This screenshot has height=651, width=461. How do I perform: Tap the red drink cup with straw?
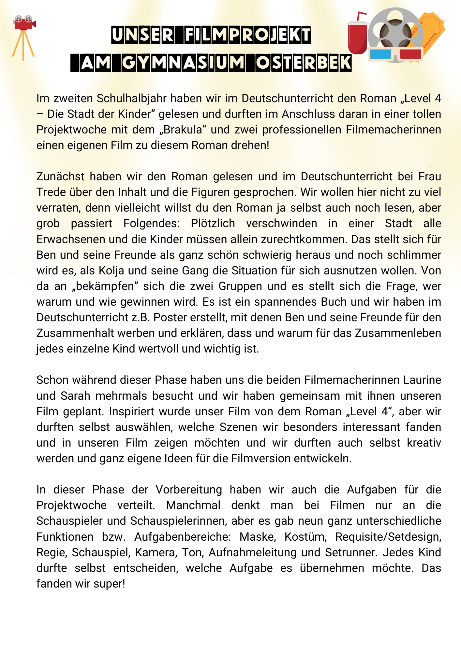point(357,37)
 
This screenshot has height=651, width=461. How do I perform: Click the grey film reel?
point(395,31)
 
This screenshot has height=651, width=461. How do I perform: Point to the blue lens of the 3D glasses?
point(380,54)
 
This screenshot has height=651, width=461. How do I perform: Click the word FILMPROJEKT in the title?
point(247,35)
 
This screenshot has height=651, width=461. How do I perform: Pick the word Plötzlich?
point(213,223)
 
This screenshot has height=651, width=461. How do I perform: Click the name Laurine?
point(422,380)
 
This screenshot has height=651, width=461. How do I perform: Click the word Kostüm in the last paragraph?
point(305,537)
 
